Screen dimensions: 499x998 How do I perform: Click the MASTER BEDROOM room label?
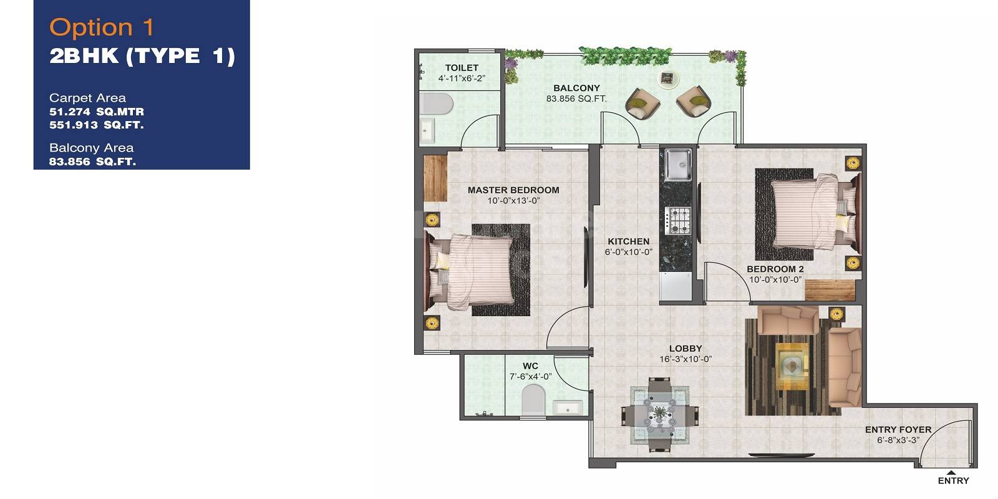[513, 190]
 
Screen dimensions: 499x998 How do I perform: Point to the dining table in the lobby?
[659, 414]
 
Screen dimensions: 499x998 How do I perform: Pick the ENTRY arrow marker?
[951, 472]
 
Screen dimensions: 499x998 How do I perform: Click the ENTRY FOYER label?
[898, 430]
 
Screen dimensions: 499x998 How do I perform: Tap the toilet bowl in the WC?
[533, 399]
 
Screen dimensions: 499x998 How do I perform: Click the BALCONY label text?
[576, 89]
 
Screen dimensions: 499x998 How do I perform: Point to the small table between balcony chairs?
[668, 78]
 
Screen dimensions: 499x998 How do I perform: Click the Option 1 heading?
[102, 27]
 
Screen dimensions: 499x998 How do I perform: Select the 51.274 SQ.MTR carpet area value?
[97, 112]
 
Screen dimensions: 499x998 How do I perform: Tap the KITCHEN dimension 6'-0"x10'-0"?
[628, 252]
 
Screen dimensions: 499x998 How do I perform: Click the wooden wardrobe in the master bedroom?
[435, 178]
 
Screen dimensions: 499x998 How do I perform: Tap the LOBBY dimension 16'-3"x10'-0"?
[686, 359]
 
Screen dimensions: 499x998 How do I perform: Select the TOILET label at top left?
[462, 68]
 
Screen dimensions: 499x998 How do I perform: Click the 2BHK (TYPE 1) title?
[142, 56]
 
